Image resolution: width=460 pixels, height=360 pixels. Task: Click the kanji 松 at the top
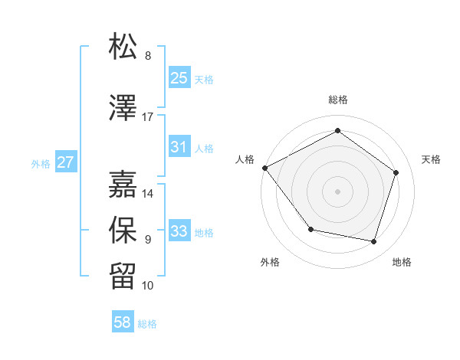point(123,47)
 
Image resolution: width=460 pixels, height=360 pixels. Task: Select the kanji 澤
point(123,109)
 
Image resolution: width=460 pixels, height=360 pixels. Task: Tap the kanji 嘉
point(123,184)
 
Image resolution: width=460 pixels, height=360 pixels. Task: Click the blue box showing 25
point(179,78)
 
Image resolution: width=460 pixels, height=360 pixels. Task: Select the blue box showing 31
point(179,147)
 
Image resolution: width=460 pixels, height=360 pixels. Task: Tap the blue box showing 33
point(179,231)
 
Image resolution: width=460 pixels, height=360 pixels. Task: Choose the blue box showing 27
point(65,162)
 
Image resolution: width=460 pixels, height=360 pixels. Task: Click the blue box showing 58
point(123,322)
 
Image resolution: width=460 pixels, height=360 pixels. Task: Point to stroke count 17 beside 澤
point(148,117)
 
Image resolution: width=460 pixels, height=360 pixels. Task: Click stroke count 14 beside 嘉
point(148,194)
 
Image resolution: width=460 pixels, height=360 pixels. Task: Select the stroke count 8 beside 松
point(148,56)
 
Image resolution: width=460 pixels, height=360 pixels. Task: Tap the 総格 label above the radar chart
point(337,100)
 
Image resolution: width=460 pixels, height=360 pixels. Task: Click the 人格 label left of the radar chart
point(245,159)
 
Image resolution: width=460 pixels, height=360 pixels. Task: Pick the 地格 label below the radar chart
point(402,263)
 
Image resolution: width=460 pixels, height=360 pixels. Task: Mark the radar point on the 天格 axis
point(396,172)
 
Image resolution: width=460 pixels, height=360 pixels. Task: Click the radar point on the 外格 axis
point(310,229)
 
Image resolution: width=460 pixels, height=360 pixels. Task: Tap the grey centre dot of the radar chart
point(337,191)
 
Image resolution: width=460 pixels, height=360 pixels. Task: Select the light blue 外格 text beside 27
point(41,163)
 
